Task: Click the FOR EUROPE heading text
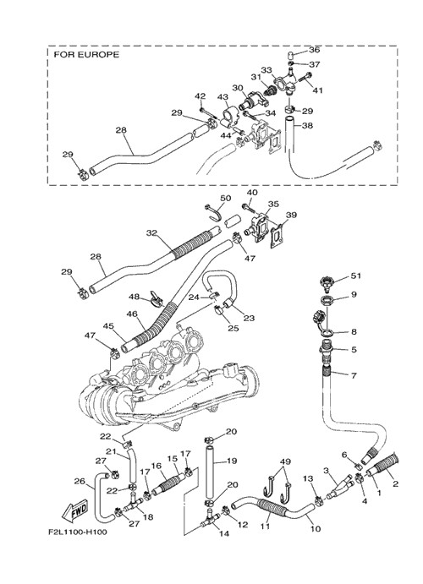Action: click(x=86, y=55)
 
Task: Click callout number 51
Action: click(x=356, y=276)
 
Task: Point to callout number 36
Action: click(x=314, y=50)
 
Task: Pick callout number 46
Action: click(x=132, y=314)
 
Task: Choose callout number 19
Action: click(x=232, y=461)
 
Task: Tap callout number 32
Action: click(x=151, y=233)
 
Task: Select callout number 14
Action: click(x=224, y=533)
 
